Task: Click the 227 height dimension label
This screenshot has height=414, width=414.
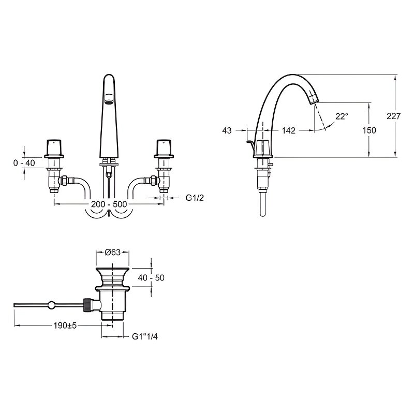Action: (x=393, y=116)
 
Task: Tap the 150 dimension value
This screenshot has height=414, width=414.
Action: (x=369, y=130)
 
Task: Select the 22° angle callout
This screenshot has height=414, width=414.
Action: (x=342, y=116)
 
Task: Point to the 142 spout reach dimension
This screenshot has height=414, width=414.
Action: (x=289, y=130)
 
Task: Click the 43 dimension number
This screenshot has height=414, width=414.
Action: (x=227, y=130)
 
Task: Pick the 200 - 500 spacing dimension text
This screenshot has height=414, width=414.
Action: (x=109, y=204)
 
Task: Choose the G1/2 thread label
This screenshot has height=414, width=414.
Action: (x=195, y=198)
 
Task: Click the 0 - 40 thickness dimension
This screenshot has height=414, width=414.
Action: (x=24, y=163)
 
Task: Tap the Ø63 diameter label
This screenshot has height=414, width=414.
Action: (x=112, y=253)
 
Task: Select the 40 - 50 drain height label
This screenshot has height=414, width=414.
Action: (x=151, y=277)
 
